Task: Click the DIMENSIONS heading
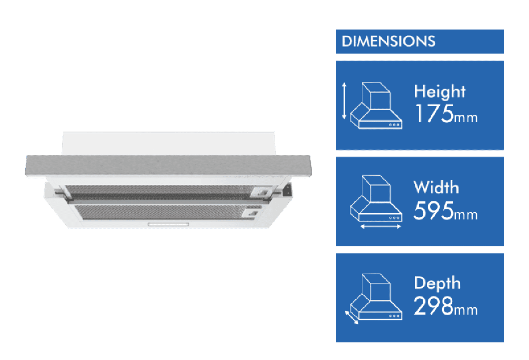(x=388, y=41)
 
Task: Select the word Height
(x=440, y=92)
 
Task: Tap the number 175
(x=434, y=114)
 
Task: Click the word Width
(x=436, y=187)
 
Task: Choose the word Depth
(x=437, y=283)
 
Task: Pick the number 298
(x=434, y=306)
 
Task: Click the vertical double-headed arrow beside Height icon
(x=344, y=101)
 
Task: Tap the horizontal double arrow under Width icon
(x=380, y=226)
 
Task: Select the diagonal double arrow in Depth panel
(x=352, y=316)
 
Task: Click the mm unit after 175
(x=466, y=118)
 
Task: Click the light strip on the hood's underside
(x=169, y=224)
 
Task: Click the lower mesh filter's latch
(x=252, y=213)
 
